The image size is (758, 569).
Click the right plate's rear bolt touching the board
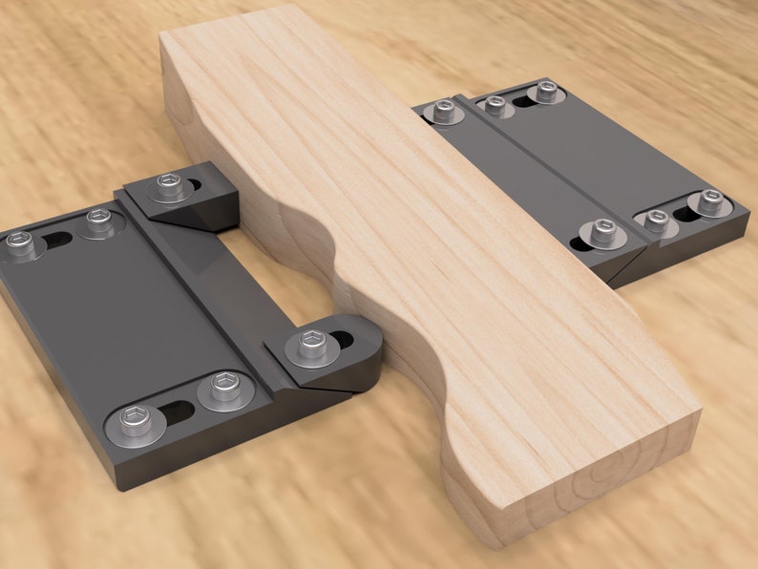click(x=442, y=111)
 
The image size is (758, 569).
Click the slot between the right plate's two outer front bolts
click(x=684, y=211)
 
